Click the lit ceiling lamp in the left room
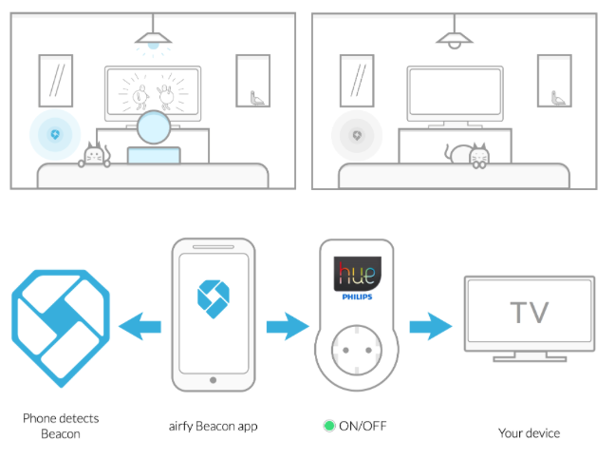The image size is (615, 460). click(x=153, y=39)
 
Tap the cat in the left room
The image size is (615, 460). click(x=94, y=155)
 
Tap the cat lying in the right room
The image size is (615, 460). click(x=468, y=156)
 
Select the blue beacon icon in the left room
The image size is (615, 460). click(x=55, y=135)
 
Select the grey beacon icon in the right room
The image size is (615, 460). click(x=357, y=136)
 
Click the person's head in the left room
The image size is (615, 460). click(x=154, y=127)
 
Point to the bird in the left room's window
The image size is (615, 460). click(x=256, y=98)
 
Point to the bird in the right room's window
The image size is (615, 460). click(x=558, y=98)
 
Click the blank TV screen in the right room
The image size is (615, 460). click(x=455, y=91)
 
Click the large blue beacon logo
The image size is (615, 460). click(x=61, y=328)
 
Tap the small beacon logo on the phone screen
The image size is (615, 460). click(x=213, y=299)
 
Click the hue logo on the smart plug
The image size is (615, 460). click(x=357, y=274)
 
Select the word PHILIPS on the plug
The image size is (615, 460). click(x=357, y=297)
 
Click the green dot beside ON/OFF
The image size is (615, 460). click(x=329, y=426)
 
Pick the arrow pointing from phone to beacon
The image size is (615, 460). click(x=140, y=326)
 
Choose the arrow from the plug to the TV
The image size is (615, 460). click(x=431, y=326)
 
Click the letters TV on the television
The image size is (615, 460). click(x=530, y=313)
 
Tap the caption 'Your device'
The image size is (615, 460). click(x=529, y=432)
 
